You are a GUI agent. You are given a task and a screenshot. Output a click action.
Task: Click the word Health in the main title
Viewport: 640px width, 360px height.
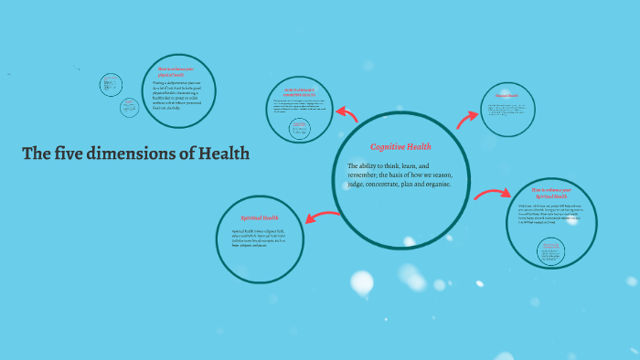tap(222, 154)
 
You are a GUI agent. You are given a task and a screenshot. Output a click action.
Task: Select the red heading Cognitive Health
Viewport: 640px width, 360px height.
tap(400, 146)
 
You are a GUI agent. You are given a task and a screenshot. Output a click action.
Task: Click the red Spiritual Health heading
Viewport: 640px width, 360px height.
tap(260, 217)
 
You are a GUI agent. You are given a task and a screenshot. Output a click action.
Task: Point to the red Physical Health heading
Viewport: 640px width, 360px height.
tap(507, 94)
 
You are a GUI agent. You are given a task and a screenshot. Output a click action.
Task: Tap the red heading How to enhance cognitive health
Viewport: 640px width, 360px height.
tap(298, 92)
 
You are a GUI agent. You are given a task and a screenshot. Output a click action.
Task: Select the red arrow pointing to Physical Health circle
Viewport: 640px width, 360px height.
tap(468, 116)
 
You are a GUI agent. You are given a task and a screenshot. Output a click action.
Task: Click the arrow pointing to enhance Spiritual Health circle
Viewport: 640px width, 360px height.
tap(493, 193)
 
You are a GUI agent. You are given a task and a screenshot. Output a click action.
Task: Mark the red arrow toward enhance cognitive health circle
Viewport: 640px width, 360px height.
tap(347, 113)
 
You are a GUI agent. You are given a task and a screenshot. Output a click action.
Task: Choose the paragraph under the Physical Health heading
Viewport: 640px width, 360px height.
tap(509, 111)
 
